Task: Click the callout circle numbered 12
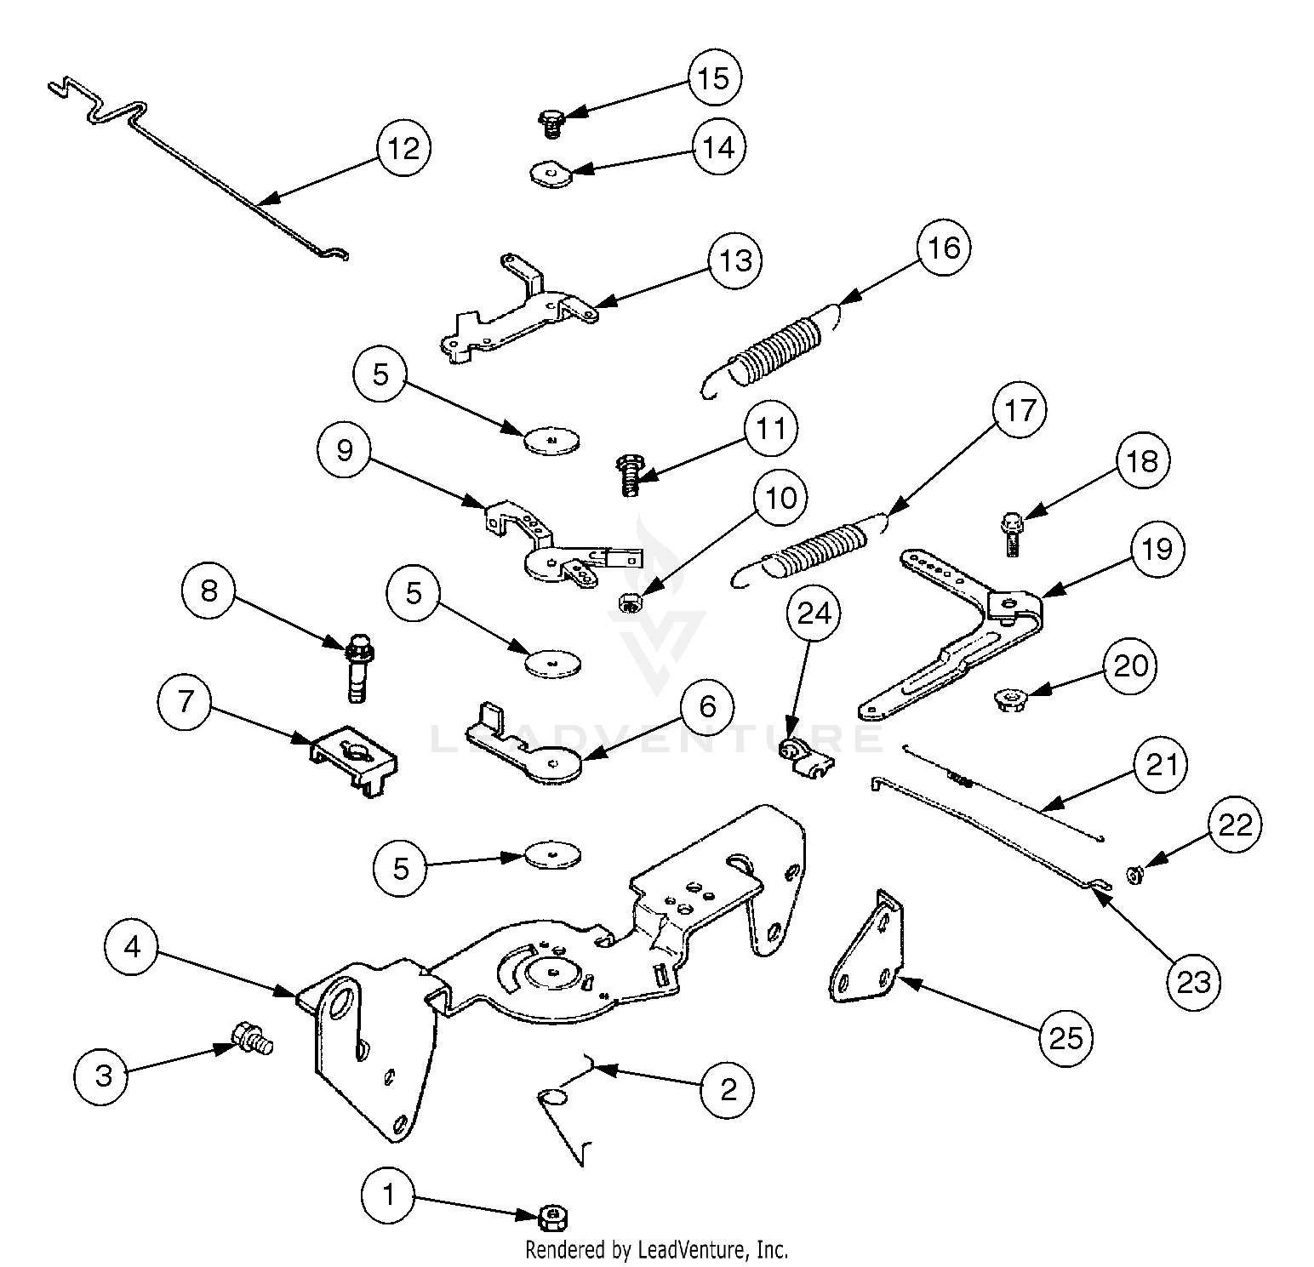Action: [x=403, y=149]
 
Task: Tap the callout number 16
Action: [x=944, y=248]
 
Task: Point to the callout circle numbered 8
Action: [x=209, y=591]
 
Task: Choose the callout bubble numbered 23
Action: [x=1193, y=983]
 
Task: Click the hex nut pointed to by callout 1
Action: [x=553, y=1217]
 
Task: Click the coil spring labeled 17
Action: [x=817, y=545]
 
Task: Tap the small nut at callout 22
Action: [x=1134, y=875]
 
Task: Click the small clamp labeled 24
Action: [x=800, y=756]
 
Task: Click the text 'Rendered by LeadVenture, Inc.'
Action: [x=656, y=1250]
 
